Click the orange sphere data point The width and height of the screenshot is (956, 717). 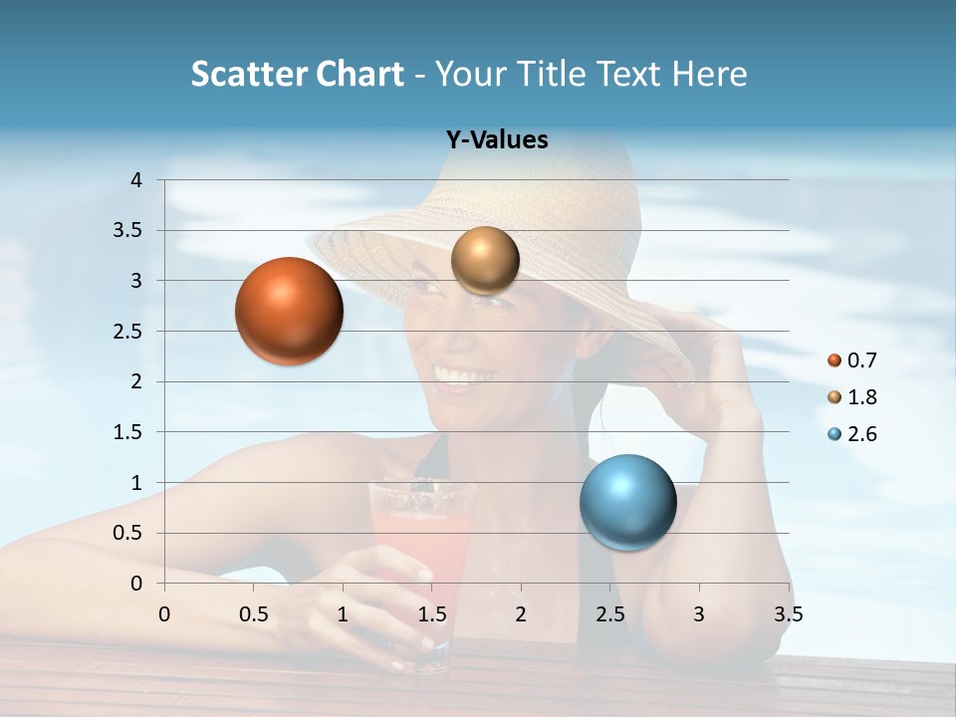tap(289, 311)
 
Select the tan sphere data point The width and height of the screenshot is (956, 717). tap(485, 261)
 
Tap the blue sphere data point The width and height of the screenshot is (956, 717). tap(627, 502)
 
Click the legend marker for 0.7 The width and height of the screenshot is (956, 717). tap(835, 360)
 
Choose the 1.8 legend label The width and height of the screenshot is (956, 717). tap(862, 397)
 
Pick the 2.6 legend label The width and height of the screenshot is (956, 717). tap(862, 434)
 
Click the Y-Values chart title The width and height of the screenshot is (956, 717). tap(497, 140)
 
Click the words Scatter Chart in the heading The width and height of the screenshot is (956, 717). tap(297, 74)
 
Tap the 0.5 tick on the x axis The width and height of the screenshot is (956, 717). tap(253, 614)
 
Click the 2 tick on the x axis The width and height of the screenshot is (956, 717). tap(521, 614)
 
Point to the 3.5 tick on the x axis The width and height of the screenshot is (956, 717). tap(789, 614)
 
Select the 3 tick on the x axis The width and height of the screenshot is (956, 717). tap(699, 614)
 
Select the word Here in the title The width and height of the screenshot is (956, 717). tap(708, 74)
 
